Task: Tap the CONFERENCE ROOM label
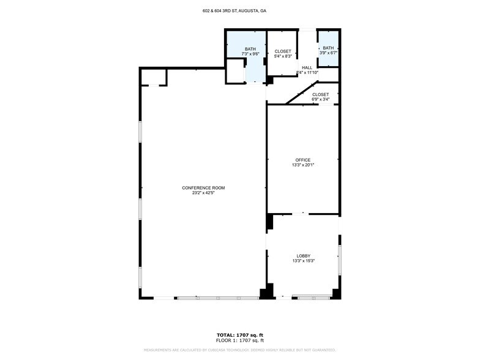point(203,188)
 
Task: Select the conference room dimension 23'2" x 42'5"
point(203,193)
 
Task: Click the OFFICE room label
point(303,160)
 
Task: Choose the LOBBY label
point(304,256)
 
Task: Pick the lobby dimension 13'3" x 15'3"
point(304,261)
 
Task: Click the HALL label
point(307,67)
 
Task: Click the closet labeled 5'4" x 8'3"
point(283,54)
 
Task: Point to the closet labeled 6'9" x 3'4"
point(320,97)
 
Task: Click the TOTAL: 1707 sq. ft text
point(239,335)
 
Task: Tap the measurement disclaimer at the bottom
point(239,350)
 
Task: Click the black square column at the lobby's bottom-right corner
point(336,294)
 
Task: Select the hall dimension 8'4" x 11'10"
point(307,73)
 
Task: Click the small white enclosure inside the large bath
point(235,71)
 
